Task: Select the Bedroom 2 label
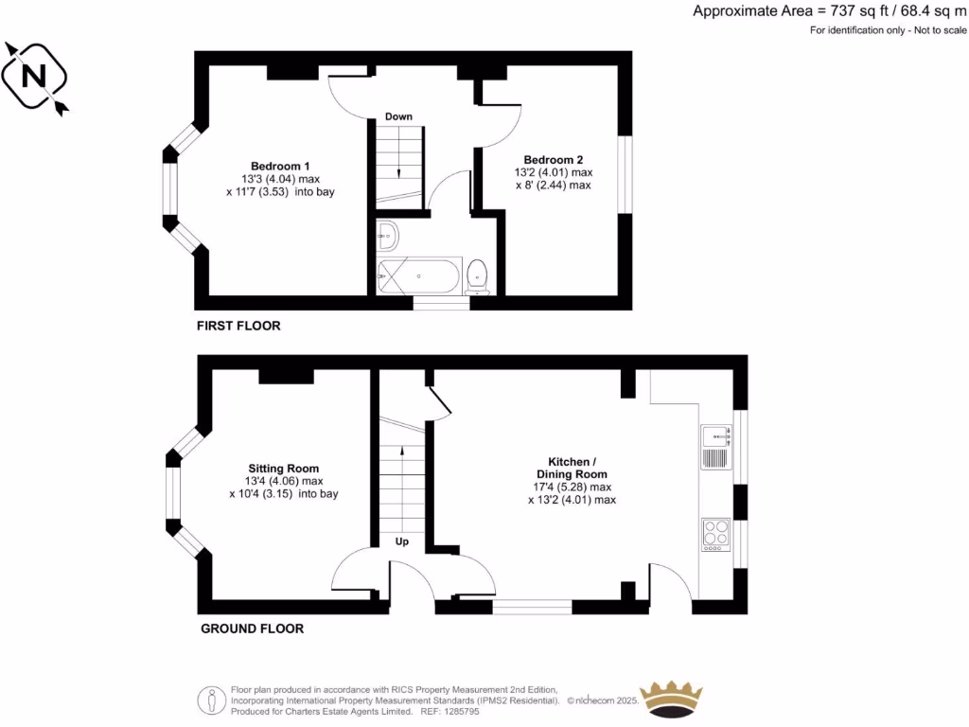pos(553,159)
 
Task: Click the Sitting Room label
pos(283,468)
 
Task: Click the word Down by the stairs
pos(398,116)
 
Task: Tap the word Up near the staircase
pos(401,542)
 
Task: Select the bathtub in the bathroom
pos(419,275)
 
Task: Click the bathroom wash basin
pos(388,234)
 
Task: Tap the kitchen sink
pos(716,436)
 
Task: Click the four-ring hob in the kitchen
pos(716,535)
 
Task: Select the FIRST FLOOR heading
pos(238,326)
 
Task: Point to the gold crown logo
pos(672,699)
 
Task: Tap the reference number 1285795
pos(465,711)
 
